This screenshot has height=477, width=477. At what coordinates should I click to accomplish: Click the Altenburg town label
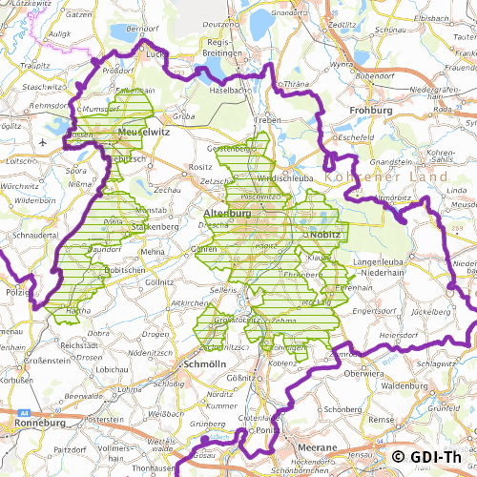point(227,214)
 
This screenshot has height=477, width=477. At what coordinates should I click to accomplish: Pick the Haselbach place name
point(231,90)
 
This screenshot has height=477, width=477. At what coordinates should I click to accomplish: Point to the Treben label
point(268,121)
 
